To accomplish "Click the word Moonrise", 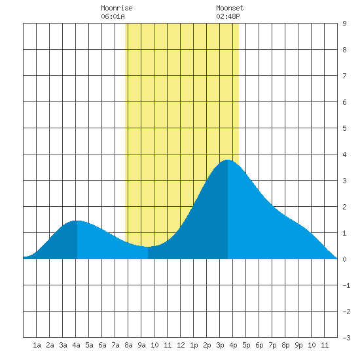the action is (x=117, y=8).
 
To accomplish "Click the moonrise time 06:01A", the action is (x=113, y=16).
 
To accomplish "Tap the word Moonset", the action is (x=230, y=8).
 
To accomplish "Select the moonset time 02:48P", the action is (x=228, y=16).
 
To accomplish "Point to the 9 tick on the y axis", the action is (x=344, y=24).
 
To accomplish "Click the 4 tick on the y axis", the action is (x=344, y=154).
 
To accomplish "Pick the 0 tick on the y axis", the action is (x=344, y=259).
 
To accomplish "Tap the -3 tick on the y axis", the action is (x=346, y=338).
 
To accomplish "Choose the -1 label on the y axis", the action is (x=346, y=285).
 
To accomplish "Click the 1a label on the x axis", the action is (x=37, y=345).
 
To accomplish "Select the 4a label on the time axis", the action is (x=76, y=345).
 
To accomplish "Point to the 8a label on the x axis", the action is (x=128, y=345).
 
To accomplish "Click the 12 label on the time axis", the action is (x=181, y=345).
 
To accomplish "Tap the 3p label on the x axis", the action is (x=220, y=345).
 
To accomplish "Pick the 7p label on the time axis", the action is (x=272, y=345).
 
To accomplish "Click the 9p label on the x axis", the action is (x=298, y=345).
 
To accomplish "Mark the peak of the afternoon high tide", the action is (x=228, y=160).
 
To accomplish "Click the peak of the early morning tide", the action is (x=77, y=221).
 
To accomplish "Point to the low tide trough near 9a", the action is (x=148, y=247).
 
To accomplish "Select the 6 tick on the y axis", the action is (x=344, y=102).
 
